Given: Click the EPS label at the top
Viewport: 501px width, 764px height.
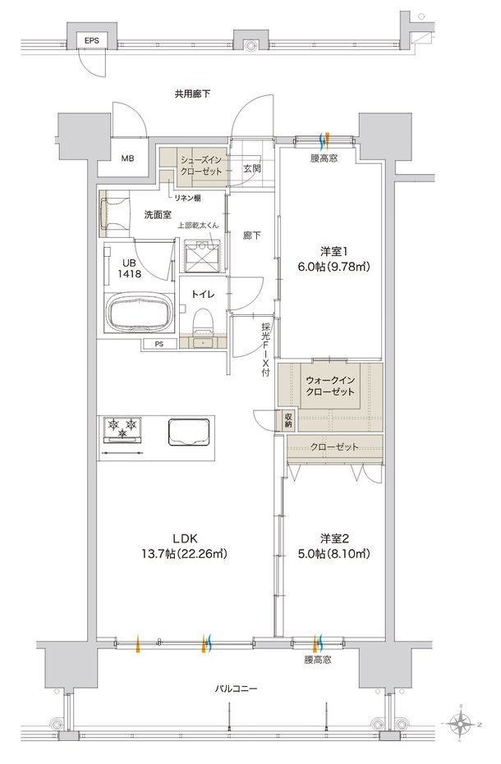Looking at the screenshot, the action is (92, 41).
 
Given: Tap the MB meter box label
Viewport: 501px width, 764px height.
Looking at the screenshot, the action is (127, 158).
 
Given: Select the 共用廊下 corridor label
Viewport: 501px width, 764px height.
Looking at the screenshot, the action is (192, 94).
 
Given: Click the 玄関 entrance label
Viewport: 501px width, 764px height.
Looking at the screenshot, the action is (251, 168).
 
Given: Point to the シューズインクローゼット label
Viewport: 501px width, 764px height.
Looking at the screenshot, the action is (201, 166).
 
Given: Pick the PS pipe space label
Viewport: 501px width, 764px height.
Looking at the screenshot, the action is (159, 344).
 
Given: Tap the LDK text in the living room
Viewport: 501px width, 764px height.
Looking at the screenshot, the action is (185, 538).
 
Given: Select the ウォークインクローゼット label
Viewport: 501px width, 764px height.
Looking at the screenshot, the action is (330, 386).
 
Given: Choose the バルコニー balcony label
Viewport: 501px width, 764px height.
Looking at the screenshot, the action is (236, 689).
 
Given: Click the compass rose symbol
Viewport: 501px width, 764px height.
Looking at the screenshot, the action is (461, 724).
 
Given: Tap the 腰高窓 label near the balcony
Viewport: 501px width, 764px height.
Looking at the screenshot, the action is (318, 660).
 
